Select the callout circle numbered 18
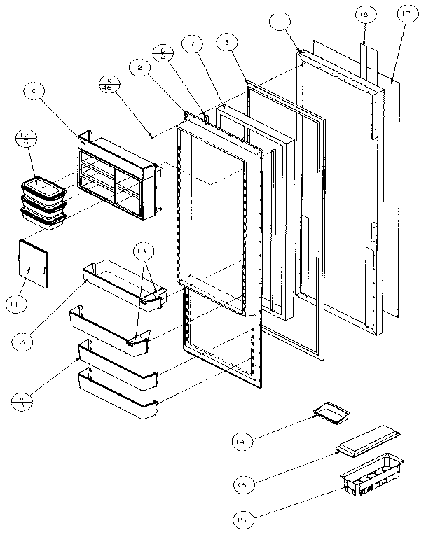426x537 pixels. tap(365, 13)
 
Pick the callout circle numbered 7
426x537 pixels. tap(191, 44)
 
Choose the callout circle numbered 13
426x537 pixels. tap(143, 251)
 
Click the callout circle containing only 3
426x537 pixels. tap(23, 342)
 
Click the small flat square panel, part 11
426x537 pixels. tap(34, 262)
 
